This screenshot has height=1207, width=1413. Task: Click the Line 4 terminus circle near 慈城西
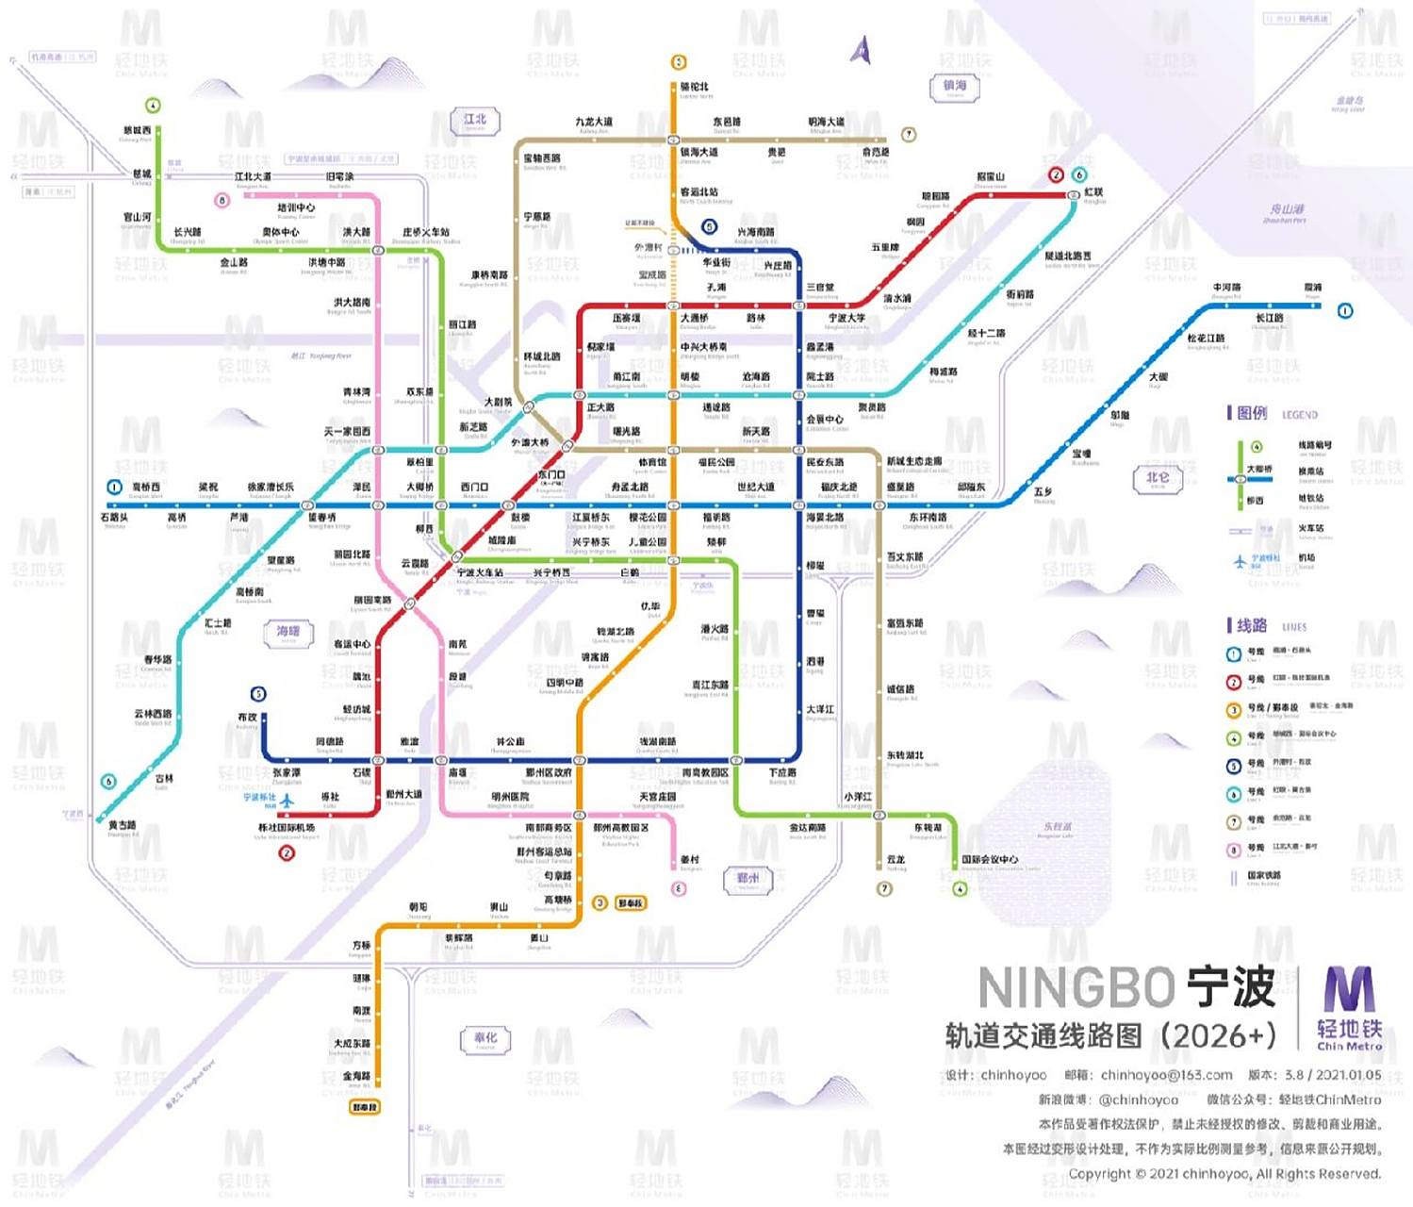pyautogui.click(x=153, y=106)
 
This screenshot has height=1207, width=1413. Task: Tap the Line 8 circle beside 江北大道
pyautogui.click(x=222, y=200)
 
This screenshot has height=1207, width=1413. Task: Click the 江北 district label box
pyautogui.click(x=475, y=121)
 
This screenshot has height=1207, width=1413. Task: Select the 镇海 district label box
pyautogui.click(x=955, y=88)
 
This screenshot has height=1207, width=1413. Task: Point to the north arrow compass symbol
pyautogui.click(x=861, y=50)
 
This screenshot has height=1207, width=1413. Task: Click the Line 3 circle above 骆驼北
pyautogui.click(x=678, y=62)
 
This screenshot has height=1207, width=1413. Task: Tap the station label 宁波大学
pyautogui.click(x=846, y=319)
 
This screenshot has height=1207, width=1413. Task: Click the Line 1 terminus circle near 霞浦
pyautogui.click(x=1345, y=310)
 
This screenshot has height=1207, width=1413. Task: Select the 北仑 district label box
pyautogui.click(x=1157, y=478)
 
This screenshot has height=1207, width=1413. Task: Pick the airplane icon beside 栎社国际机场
pyautogui.click(x=287, y=801)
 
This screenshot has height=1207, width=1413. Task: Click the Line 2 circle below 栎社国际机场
pyautogui.click(x=287, y=853)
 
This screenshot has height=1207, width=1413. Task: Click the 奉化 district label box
pyautogui.click(x=485, y=1038)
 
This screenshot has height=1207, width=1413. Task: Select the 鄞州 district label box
pyautogui.click(x=748, y=880)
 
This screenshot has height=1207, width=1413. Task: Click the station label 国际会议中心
pyautogui.click(x=990, y=859)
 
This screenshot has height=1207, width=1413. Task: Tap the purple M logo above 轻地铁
pyautogui.click(x=1349, y=989)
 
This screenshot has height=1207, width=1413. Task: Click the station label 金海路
pyautogui.click(x=356, y=1075)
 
